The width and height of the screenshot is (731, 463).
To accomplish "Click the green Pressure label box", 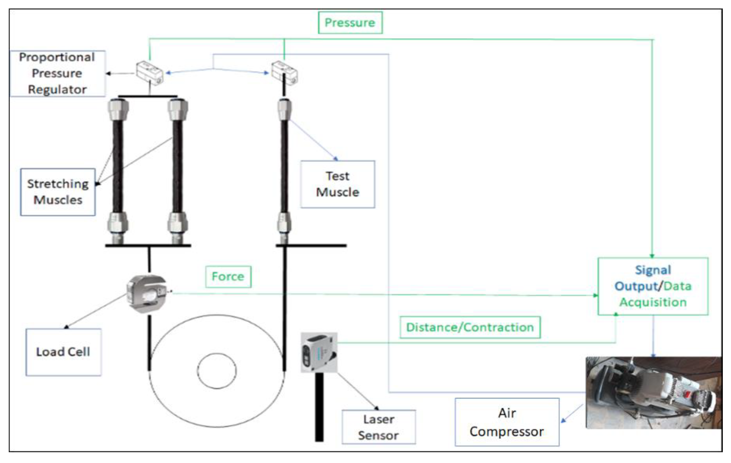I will (x=350, y=23).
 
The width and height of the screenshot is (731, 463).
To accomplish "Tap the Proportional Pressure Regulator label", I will (x=57, y=73).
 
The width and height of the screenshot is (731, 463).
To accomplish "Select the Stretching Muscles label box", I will (x=58, y=192).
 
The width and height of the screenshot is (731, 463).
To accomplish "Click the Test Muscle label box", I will (x=337, y=184).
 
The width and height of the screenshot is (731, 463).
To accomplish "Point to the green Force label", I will (x=228, y=276).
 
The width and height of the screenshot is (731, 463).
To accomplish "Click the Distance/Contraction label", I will (x=470, y=327).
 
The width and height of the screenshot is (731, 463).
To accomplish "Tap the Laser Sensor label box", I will (x=378, y=427).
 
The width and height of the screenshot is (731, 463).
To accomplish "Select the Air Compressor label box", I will (x=507, y=422).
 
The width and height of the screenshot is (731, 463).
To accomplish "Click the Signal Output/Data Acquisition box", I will (x=653, y=286).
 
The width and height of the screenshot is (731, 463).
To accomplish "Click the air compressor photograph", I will (x=653, y=393).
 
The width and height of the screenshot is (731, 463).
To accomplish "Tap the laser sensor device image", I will (x=319, y=352).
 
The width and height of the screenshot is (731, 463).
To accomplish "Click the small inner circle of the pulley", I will (x=217, y=371).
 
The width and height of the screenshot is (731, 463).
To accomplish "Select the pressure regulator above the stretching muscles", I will (x=150, y=73).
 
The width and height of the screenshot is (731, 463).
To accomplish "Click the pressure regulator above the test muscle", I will (x=284, y=73).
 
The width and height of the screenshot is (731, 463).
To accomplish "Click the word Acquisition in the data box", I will (x=653, y=302).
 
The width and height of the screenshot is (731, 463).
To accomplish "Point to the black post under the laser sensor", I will (x=319, y=406).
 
